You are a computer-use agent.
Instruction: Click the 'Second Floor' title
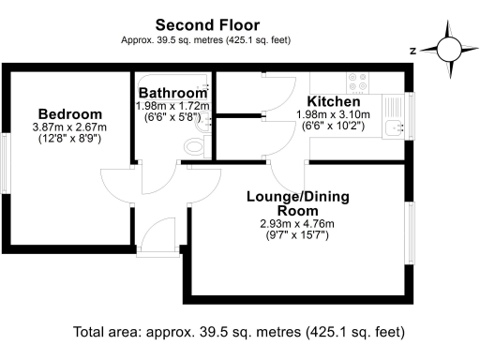click(x=207, y=24)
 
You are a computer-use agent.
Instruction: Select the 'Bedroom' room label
click(x=69, y=112)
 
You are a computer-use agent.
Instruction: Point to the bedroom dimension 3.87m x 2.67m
click(x=69, y=127)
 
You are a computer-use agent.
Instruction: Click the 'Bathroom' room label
click(x=172, y=94)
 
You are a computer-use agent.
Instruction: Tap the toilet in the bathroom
click(x=194, y=146)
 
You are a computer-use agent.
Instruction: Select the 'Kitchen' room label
click(x=335, y=101)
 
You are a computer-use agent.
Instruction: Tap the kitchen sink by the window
click(x=393, y=119)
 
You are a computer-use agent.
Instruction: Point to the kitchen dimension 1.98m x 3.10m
click(x=334, y=114)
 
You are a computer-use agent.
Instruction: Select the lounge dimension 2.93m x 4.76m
click(x=296, y=224)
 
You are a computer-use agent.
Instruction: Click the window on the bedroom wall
click(x=7, y=155)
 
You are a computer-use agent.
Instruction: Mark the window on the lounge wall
click(x=412, y=231)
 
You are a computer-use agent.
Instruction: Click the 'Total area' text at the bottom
click(x=239, y=332)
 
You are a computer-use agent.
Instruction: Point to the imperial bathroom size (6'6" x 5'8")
click(x=173, y=119)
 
